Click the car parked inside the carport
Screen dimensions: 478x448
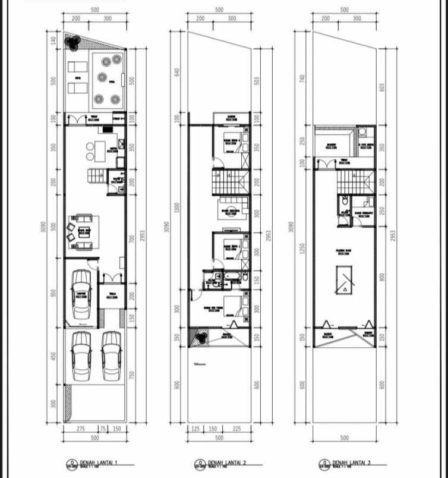(80, 295)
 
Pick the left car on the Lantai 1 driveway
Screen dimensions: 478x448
(81, 356)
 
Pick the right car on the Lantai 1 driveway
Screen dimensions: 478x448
(110, 356)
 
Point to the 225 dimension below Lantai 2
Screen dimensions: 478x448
(237, 429)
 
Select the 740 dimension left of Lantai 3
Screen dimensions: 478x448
(302, 78)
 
